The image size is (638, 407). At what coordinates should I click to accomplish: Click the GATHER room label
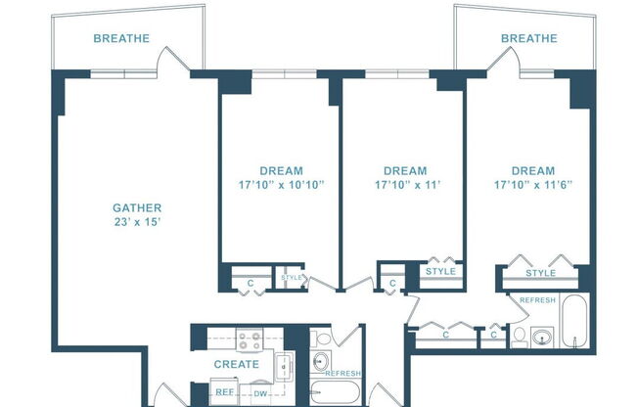[x=137, y=207]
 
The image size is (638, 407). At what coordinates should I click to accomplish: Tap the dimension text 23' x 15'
[x=137, y=222]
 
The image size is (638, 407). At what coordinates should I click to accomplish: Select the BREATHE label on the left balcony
[x=121, y=39]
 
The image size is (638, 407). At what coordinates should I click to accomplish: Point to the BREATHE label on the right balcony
[x=528, y=39]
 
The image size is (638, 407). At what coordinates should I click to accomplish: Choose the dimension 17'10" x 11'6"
[x=532, y=184]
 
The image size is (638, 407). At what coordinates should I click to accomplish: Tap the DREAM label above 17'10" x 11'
[x=405, y=170]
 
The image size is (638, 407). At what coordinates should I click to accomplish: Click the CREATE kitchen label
[x=236, y=365]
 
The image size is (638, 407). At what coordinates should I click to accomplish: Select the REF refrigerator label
[x=224, y=393]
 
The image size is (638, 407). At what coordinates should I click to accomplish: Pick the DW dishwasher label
[x=260, y=393]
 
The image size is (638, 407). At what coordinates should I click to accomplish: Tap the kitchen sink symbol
[x=283, y=366]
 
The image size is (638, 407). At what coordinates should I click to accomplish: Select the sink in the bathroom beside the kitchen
[x=321, y=360]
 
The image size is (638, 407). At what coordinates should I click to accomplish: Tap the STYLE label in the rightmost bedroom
[x=540, y=273]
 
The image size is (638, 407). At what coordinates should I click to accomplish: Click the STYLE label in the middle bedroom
[x=440, y=271]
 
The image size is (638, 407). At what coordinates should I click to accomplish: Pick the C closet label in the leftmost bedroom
[x=251, y=284]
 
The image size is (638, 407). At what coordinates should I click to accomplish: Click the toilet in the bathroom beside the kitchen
[x=324, y=339]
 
